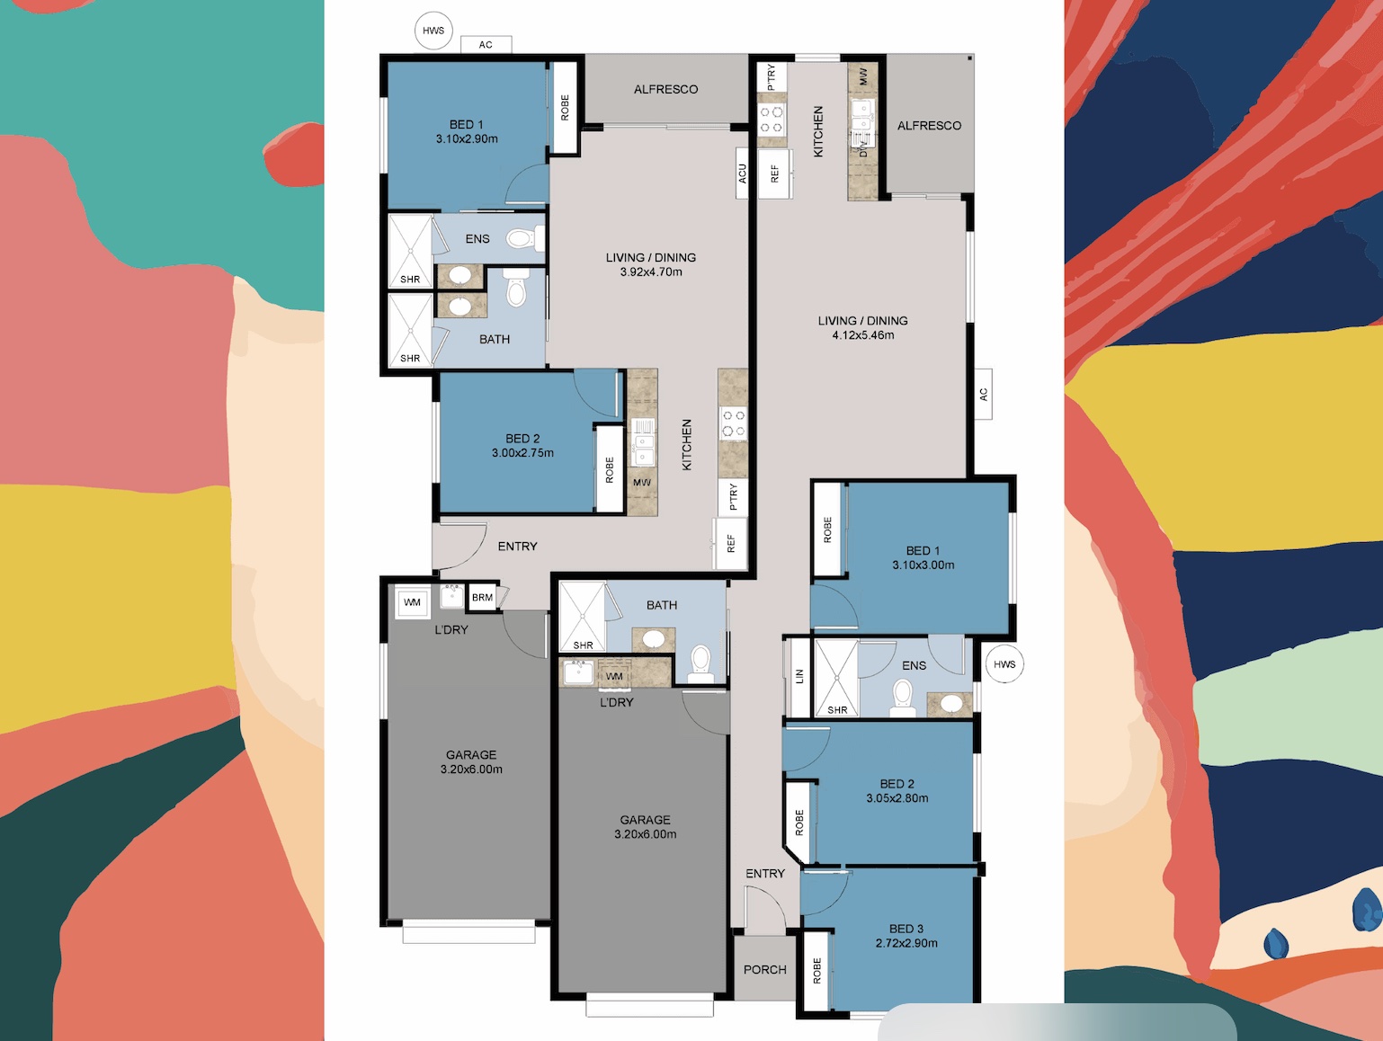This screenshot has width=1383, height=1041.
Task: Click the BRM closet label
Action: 482,597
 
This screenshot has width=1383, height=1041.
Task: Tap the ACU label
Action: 742,173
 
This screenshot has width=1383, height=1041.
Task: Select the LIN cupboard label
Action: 799,676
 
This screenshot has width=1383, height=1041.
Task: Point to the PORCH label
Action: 765,970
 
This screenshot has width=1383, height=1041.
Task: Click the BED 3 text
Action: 906,929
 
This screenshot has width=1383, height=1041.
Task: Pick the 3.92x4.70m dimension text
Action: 651,272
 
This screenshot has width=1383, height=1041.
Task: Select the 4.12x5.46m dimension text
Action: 862,335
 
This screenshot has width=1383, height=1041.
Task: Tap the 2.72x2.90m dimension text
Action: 906,943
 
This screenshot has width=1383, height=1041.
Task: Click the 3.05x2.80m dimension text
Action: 897,798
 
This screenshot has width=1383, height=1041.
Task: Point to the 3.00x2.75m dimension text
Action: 522,453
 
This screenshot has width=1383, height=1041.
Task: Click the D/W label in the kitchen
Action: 863,148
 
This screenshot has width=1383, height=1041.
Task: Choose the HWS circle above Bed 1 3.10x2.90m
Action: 433,31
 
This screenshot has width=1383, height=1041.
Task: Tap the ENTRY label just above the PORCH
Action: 765,874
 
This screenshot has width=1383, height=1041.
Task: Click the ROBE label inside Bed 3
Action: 817,971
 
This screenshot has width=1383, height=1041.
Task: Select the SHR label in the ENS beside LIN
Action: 837,710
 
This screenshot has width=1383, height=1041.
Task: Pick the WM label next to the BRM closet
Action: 412,602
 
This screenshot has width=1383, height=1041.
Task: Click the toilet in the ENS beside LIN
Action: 902,698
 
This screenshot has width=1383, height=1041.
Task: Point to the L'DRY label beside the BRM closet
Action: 451,630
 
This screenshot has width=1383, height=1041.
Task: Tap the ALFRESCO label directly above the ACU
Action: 665,89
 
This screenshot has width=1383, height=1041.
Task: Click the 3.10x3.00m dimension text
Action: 923,565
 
